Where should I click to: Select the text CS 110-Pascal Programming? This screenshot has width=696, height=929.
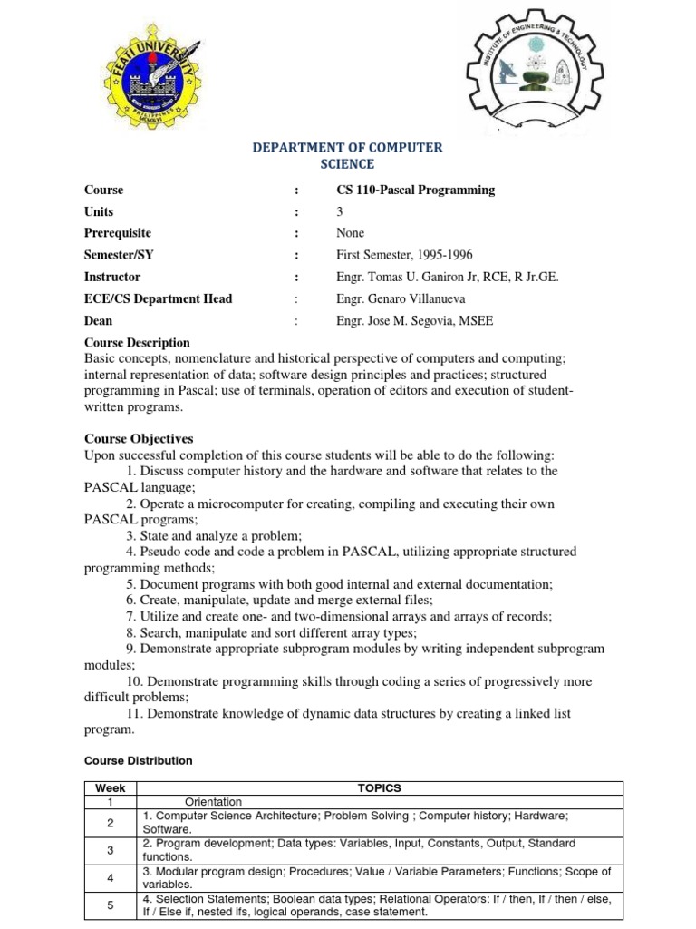pyautogui.click(x=415, y=190)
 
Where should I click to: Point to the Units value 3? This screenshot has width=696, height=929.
pyautogui.click(x=340, y=211)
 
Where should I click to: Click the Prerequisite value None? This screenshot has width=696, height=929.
pyautogui.click(x=350, y=233)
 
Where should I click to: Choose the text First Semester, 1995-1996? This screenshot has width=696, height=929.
pyautogui.click(x=404, y=255)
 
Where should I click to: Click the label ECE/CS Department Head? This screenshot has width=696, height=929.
pyautogui.click(x=158, y=298)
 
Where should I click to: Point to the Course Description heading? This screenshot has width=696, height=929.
pyautogui.click(x=137, y=342)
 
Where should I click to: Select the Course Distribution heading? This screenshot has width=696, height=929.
pyautogui.click(x=138, y=760)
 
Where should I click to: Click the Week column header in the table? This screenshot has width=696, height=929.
pyautogui.click(x=110, y=788)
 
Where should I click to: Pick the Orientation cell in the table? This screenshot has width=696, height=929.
pyautogui.click(x=213, y=802)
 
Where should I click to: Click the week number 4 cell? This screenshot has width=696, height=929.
pyautogui.click(x=110, y=877)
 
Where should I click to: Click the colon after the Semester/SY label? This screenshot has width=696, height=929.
pyautogui.click(x=295, y=255)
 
